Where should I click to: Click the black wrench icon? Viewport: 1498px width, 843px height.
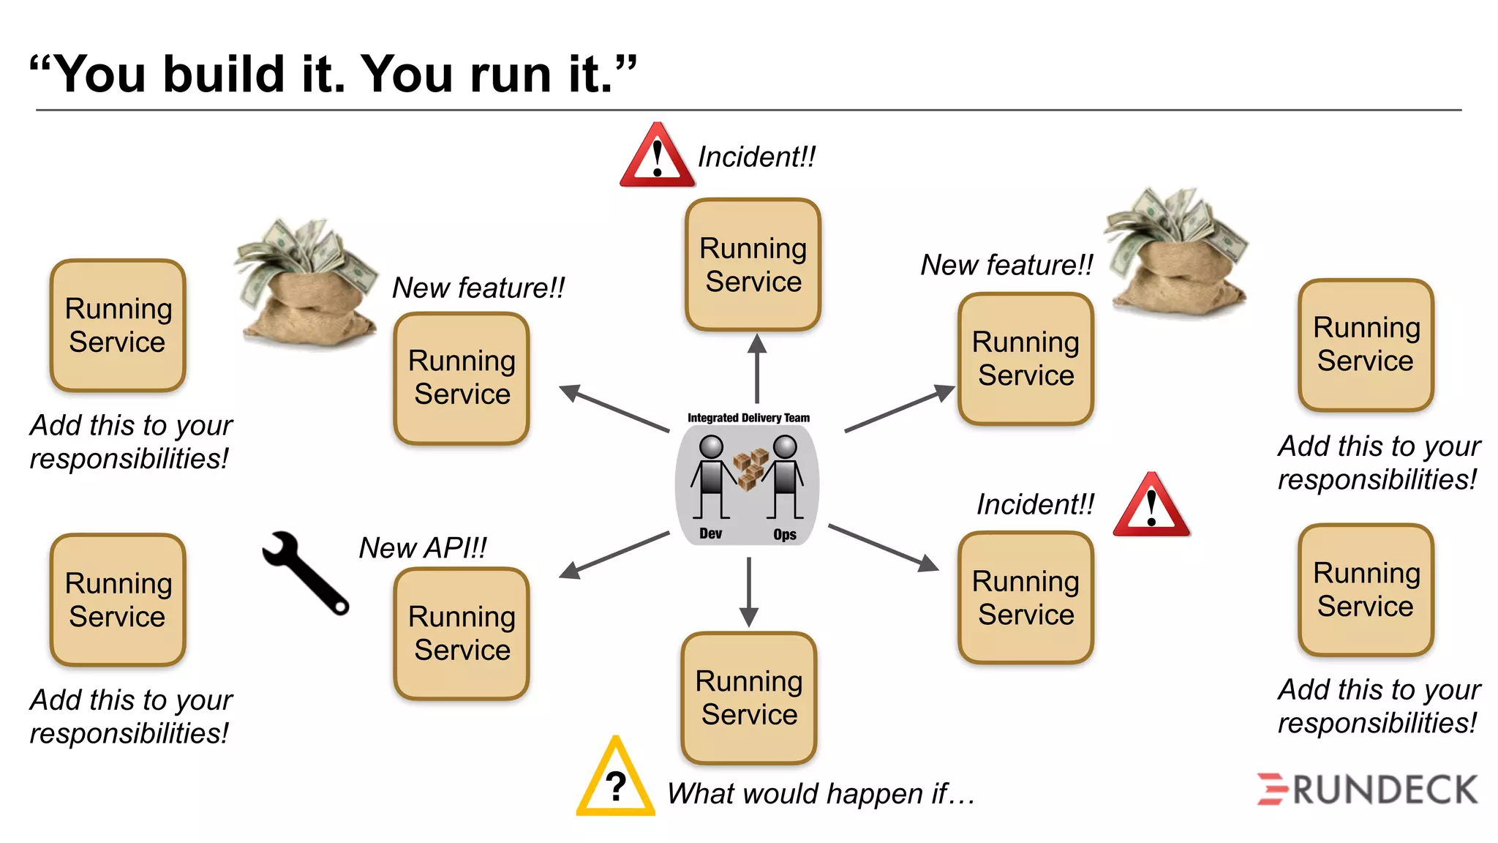pyautogui.click(x=305, y=572)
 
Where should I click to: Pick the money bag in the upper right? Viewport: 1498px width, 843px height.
pyautogui.click(x=1178, y=252)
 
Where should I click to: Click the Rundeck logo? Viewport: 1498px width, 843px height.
pyautogui.click(x=1367, y=790)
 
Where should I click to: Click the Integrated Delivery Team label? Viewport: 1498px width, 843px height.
pyautogui.click(x=748, y=418)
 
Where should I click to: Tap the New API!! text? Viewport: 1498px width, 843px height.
pyautogui.click(x=423, y=547)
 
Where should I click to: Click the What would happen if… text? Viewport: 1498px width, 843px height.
pyautogui.click(x=821, y=794)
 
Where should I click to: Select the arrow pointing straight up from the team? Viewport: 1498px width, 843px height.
pyautogui.click(x=757, y=369)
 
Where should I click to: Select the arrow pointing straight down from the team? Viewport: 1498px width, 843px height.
pyautogui.click(x=748, y=591)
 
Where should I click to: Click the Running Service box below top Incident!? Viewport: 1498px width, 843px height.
pyautogui.click(x=753, y=265)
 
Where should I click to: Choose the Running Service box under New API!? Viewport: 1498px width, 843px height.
pyautogui.click(x=462, y=633)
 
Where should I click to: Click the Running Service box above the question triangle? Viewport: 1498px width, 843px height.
pyautogui.click(x=748, y=697)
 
